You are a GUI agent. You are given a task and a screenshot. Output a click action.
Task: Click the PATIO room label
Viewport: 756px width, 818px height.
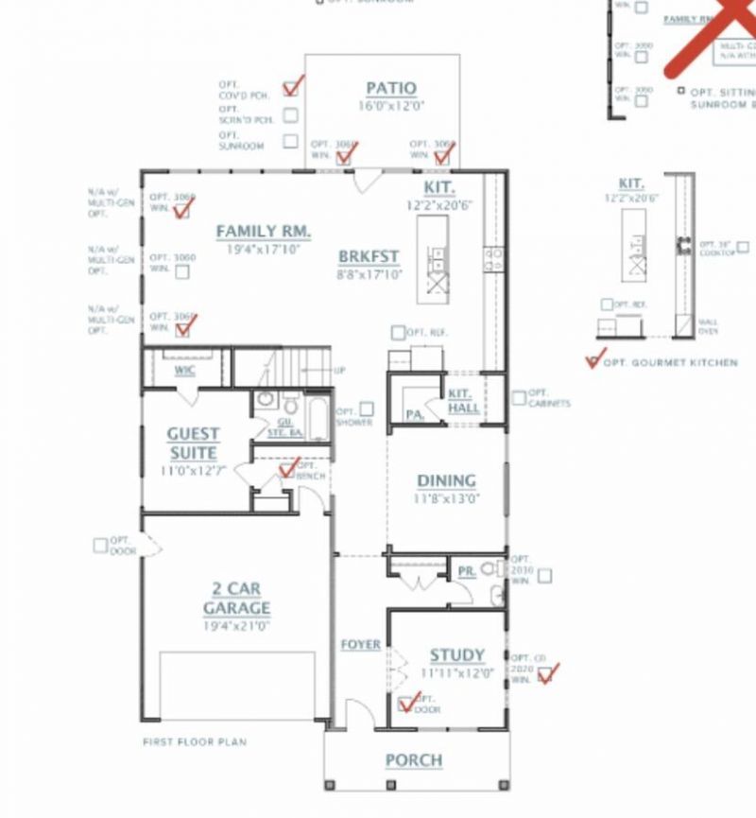point(391,89)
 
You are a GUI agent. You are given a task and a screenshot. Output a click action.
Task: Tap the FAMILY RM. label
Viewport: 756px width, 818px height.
point(264,231)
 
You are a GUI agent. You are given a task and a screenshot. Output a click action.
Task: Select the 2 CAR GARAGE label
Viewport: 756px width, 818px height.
point(236,598)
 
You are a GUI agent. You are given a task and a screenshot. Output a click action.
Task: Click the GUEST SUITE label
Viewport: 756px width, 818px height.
point(194,443)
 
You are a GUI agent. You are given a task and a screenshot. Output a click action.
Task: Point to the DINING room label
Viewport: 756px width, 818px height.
point(446,480)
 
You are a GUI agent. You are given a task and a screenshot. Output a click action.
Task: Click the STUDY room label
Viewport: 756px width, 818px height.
point(457,654)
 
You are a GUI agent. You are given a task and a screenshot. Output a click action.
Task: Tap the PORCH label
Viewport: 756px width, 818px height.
point(414,759)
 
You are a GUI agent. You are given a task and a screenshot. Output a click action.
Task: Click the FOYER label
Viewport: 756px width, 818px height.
point(360,644)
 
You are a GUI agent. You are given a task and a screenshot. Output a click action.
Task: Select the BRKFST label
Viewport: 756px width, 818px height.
point(369,256)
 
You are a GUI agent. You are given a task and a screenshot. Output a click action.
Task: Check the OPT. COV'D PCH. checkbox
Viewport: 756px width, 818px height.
point(291,88)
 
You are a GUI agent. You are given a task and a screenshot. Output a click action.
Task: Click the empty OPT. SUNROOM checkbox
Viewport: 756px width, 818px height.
point(291,142)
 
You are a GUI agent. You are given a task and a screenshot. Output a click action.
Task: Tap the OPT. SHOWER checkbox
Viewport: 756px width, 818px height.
point(367,409)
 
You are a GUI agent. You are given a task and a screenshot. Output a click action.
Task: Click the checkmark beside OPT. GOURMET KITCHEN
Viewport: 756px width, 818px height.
point(593,360)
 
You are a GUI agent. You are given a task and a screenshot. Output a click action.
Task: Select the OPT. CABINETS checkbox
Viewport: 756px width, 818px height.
point(519,398)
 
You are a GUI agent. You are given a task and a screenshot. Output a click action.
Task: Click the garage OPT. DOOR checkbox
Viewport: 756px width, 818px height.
point(100,545)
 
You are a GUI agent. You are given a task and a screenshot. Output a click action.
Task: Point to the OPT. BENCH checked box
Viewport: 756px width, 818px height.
point(287,469)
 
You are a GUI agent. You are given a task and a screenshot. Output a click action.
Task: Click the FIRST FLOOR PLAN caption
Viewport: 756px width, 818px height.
point(195,742)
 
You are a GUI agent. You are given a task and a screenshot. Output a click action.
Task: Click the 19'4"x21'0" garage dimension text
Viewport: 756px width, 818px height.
point(236,625)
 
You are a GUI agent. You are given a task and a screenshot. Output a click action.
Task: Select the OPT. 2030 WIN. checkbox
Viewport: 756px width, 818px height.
point(545,575)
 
